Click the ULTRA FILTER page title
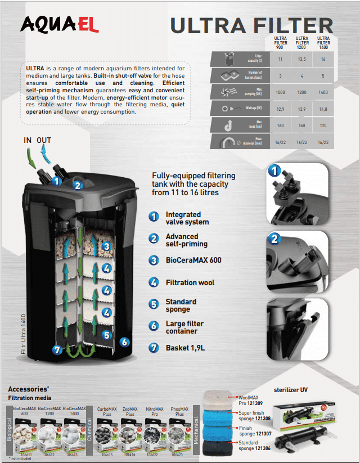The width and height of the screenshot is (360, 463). (x=251, y=25)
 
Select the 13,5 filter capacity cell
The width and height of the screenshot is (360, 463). (x=302, y=58)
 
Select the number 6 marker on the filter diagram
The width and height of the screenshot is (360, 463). (x=124, y=341)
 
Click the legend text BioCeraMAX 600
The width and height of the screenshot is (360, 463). (x=193, y=260)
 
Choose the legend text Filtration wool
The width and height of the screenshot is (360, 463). (x=190, y=282)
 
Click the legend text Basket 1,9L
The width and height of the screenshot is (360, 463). (x=185, y=348)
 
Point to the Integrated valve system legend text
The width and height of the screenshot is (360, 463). (x=187, y=218)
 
